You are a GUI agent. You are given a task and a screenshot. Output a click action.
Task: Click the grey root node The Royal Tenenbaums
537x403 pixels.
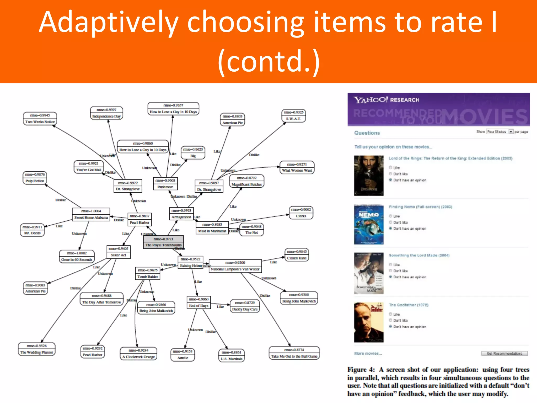tap(163, 242)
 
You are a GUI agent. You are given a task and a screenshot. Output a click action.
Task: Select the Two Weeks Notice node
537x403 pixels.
tap(40, 119)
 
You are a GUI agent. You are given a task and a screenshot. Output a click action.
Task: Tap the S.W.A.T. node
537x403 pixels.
tap(293, 116)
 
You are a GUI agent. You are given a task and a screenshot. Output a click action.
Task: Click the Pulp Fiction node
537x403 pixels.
tap(35, 178)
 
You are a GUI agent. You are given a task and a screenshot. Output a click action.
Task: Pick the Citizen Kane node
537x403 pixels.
tap(297, 255)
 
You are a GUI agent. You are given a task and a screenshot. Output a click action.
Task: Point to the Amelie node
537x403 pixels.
tap(182, 355)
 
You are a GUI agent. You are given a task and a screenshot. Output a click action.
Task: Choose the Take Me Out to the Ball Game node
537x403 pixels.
tap(294, 353)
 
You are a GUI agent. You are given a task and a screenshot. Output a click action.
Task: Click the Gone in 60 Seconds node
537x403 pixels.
tap(77, 257)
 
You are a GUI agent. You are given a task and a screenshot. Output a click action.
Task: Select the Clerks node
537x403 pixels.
tap(301, 213)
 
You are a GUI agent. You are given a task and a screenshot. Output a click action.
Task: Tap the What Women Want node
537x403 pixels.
tap(297, 167)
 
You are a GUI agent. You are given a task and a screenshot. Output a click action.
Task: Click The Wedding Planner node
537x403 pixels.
tap(37, 349)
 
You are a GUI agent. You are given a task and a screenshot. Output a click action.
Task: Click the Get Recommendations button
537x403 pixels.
tap(504, 353)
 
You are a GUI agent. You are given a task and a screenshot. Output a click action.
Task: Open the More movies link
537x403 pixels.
tap(368, 353)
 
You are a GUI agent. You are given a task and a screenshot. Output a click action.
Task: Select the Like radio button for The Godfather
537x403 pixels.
tap(390, 314)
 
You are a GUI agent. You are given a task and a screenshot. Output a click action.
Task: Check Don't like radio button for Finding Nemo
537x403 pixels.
tap(390, 222)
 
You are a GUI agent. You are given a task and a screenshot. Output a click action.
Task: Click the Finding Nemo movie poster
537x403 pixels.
tap(369, 225)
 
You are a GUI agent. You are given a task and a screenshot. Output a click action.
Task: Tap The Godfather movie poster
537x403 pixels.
tap(369, 322)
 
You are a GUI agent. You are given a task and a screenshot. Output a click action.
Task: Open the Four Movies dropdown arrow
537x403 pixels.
tap(511, 132)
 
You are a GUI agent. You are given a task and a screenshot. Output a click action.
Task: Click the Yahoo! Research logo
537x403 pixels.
tap(386, 100)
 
